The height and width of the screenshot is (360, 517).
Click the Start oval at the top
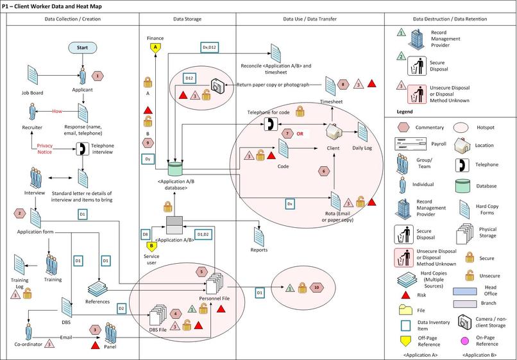(82, 47)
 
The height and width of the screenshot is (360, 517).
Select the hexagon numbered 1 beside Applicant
(97, 76)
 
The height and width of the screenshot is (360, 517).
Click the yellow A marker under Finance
(154, 47)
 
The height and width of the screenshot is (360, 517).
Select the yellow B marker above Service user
(152, 246)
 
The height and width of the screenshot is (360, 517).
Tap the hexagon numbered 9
(148, 142)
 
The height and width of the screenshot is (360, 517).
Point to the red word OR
(299, 133)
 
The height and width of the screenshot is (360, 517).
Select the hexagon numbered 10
(317, 288)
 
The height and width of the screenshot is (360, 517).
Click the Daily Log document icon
(363, 132)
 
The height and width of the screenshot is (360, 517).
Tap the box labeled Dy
(147, 157)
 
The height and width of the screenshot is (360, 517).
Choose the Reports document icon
(259, 234)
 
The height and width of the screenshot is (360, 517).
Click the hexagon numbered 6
(324, 171)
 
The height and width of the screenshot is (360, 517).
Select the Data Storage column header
(187, 19)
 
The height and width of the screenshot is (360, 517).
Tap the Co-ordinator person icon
(28, 332)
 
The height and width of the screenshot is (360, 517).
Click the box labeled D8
(146, 235)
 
